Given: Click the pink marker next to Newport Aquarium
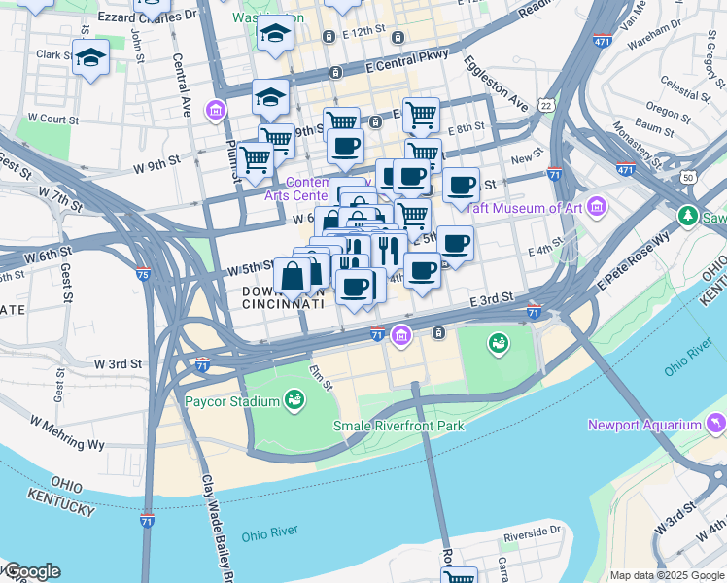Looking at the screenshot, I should click(716, 424).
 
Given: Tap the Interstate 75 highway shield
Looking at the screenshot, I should click(143, 275).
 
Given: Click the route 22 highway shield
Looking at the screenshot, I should click(546, 105).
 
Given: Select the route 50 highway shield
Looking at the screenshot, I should click(688, 178).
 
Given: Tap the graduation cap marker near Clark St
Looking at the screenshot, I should click(91, 57).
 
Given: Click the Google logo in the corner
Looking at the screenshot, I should click(32, 571).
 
